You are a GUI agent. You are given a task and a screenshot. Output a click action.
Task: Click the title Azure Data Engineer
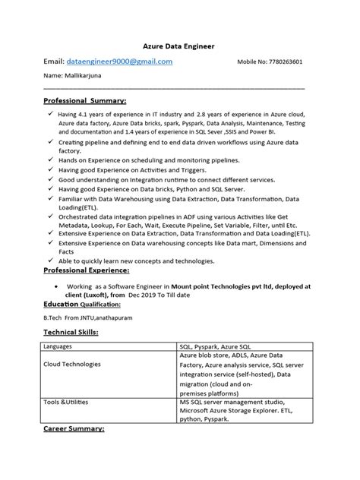(x=179, y=46)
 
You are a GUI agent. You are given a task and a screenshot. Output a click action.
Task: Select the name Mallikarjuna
(x=80, y=77)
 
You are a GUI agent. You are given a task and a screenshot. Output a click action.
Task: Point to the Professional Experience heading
(x=87, y=270)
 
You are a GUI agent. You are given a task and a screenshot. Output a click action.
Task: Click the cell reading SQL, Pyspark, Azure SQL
(x=215, y=346)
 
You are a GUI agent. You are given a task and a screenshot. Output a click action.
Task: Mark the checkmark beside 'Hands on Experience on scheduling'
(x=49, y=160)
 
